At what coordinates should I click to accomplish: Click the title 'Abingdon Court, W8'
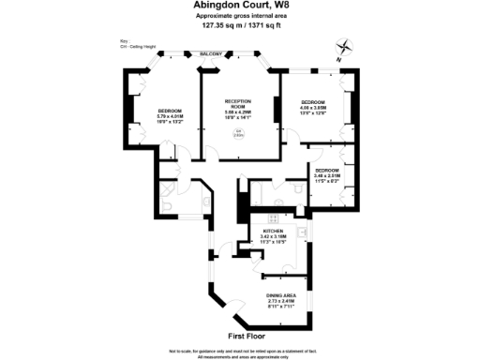239,7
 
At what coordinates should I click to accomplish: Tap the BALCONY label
212,54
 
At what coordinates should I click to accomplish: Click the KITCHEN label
274,231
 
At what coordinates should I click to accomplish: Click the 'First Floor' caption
247,335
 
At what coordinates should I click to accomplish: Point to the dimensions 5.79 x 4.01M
171,116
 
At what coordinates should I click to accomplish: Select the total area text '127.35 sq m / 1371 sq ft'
239,26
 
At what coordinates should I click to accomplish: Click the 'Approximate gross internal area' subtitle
239,17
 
